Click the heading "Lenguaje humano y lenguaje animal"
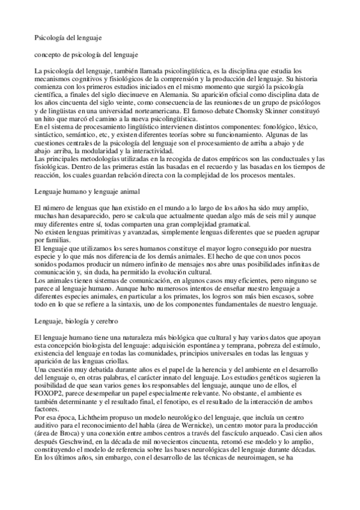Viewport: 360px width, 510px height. pos(86,191)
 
